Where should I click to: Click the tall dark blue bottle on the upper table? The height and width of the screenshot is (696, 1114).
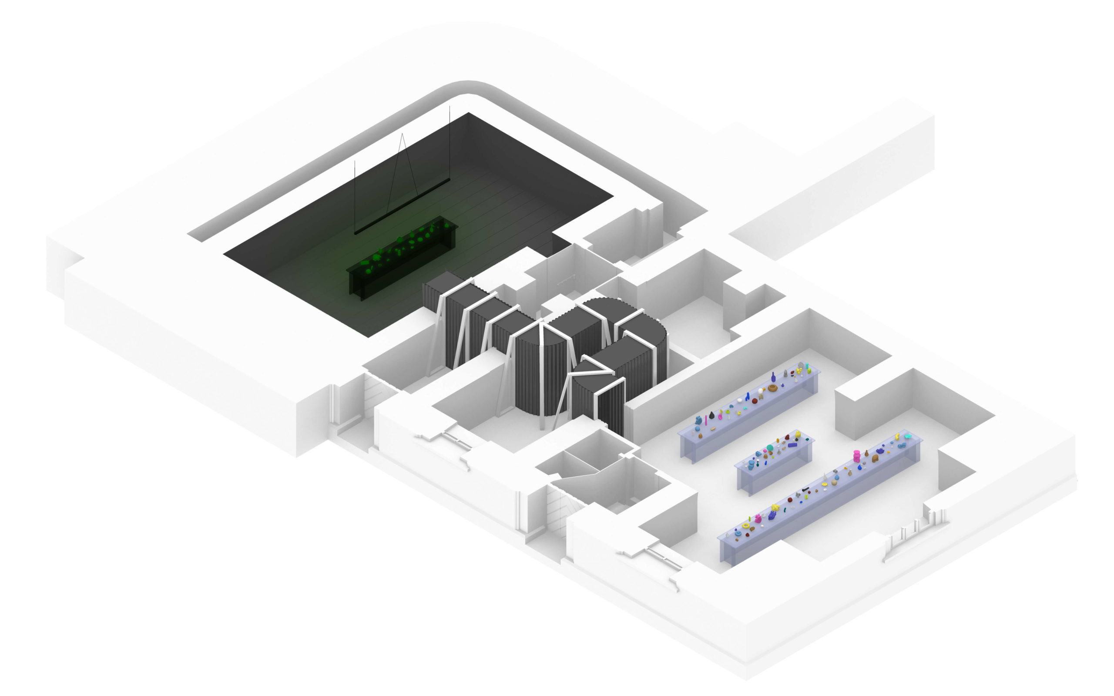[773, 377]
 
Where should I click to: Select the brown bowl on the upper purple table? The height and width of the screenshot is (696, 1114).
[772, 387]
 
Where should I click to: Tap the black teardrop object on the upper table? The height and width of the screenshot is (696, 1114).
[712, 415]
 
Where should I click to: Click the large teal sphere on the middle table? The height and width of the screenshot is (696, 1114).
[769, 448]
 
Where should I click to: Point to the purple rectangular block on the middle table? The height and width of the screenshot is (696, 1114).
[792, 445]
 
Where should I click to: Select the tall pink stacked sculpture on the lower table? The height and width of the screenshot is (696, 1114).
[856, 455]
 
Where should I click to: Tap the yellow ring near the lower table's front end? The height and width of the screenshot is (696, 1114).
[745, 525]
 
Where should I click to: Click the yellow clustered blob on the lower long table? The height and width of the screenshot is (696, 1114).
[775, 507]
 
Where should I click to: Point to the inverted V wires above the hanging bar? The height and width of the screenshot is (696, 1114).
[402, 157]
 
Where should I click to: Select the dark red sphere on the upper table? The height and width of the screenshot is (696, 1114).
[755, 401]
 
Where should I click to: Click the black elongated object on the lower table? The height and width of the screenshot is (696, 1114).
[805, 489]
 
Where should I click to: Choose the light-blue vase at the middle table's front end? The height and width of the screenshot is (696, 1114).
[751, 466]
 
